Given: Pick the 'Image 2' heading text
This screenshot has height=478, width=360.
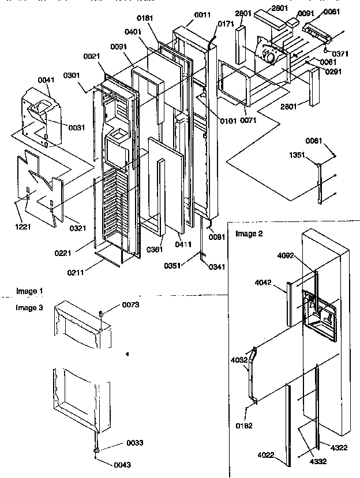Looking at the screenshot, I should coord(248,233).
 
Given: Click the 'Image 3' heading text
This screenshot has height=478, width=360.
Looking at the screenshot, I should coord(29,308).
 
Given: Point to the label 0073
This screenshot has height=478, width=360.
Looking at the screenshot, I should coord(130,304).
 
